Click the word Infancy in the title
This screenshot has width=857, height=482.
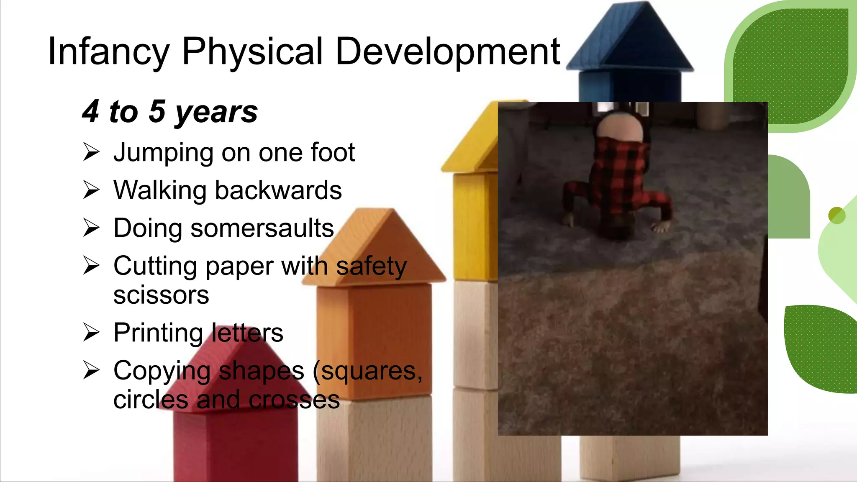108,52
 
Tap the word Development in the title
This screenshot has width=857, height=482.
447,52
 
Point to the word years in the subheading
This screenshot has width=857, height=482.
216,112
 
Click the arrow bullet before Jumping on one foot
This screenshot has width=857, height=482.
91,152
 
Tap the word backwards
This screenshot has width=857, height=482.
278,190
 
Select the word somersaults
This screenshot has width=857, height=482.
262,228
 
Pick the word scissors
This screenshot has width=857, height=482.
161,295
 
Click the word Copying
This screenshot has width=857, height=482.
162,372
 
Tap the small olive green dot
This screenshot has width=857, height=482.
836,215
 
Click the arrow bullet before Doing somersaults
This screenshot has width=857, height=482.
91,228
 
